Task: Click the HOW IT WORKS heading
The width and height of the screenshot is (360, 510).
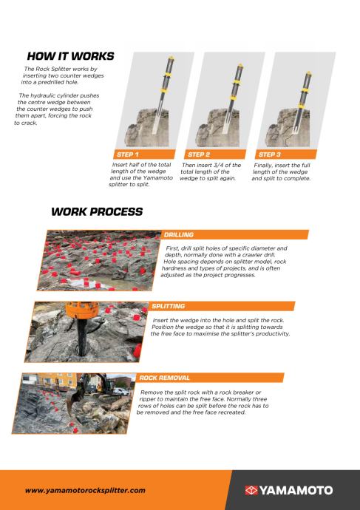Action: (x=70, y=56)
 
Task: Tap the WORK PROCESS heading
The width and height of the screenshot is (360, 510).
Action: (x=97, y=211)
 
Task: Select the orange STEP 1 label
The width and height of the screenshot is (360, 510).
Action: (x=128, y=154)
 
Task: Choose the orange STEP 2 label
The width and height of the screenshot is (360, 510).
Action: (x=199, y=154)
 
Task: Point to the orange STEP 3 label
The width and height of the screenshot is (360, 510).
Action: (x=270, y=154)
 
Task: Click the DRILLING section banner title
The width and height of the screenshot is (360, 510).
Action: (x=179, y=234)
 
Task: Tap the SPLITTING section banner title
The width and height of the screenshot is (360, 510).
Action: (x=168, y=306)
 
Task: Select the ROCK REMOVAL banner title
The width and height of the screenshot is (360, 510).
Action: (x=164, y=378)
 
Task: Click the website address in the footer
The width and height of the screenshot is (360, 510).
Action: (x=85, y=490)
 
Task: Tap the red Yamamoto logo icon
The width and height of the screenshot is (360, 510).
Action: (x=251, y=490)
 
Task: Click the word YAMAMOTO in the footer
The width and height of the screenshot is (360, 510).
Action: (x=296, y=490)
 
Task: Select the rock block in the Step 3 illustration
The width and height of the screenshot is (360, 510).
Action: (x=287, y=128)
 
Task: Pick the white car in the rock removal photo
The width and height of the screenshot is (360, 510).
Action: (x=120, y=392)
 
